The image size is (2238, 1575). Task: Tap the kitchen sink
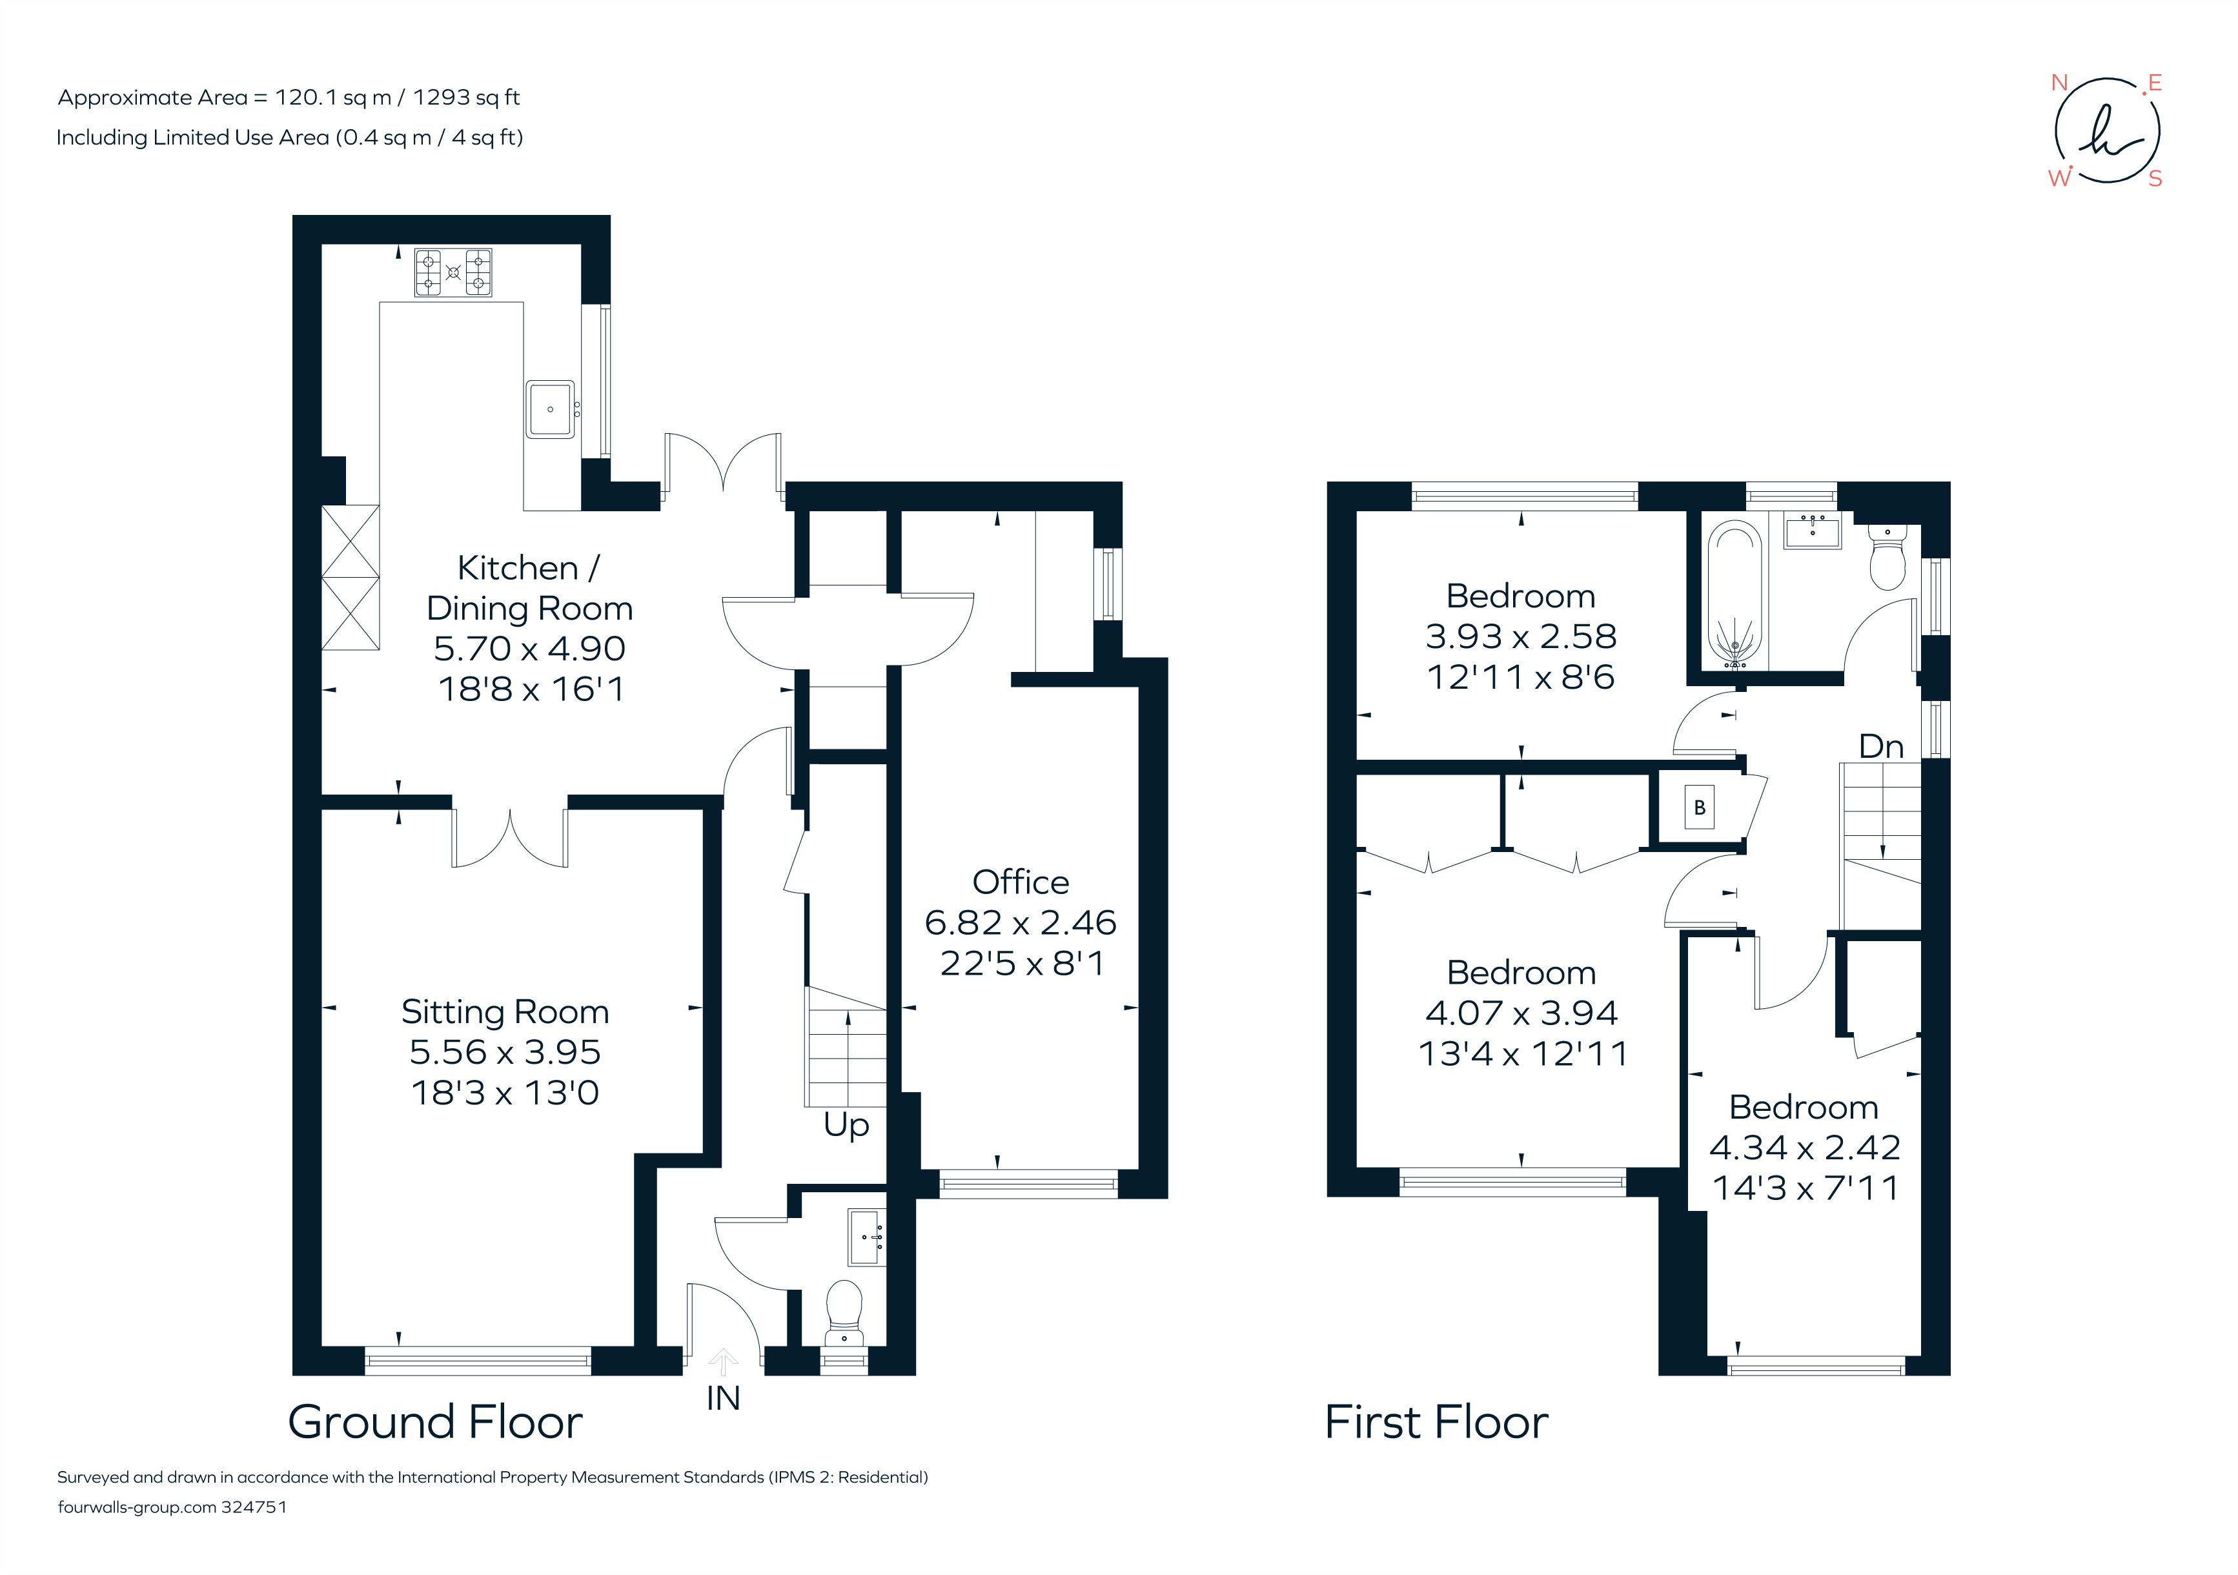pos(551,409)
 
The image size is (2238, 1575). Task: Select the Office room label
pos(1021,882)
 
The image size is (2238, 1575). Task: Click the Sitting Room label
pos(505,1011)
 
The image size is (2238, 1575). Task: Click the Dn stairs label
pos(1880,747)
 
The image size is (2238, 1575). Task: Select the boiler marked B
pos(1699,807)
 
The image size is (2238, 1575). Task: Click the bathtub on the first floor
pos(1735,594)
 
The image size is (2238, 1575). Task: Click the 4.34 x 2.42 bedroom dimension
pos(1804,1147)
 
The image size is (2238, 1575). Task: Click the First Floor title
pos(1436,1422)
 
